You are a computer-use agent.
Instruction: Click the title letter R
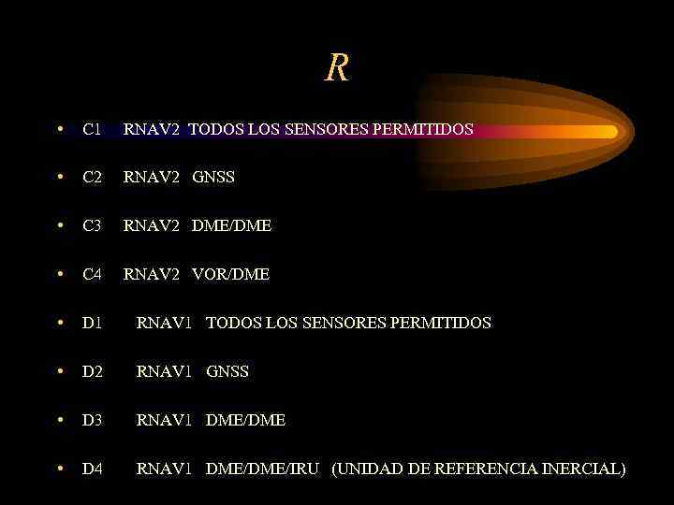pos(337,68)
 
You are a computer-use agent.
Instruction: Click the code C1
pos(92,129)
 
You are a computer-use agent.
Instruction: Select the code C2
pos(92,177)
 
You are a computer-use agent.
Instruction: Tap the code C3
pos(92,225)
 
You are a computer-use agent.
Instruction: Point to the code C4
pos(92,274)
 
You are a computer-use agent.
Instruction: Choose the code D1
pos(92,323)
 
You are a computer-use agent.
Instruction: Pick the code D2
pos(92,371)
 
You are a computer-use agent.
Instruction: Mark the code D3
pos(92,420)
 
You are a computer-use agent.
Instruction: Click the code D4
pos(92,469)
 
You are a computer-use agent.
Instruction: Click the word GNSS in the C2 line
pos(213,177)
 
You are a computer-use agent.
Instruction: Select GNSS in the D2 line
pos(227,371)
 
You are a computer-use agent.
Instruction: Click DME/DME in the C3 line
pos(232,225)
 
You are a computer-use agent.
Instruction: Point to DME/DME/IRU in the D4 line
pos(263,469)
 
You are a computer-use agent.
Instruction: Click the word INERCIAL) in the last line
pos(584,469)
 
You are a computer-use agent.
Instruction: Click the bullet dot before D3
pos(59,420)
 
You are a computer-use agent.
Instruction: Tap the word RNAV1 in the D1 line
pos(164,323)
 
